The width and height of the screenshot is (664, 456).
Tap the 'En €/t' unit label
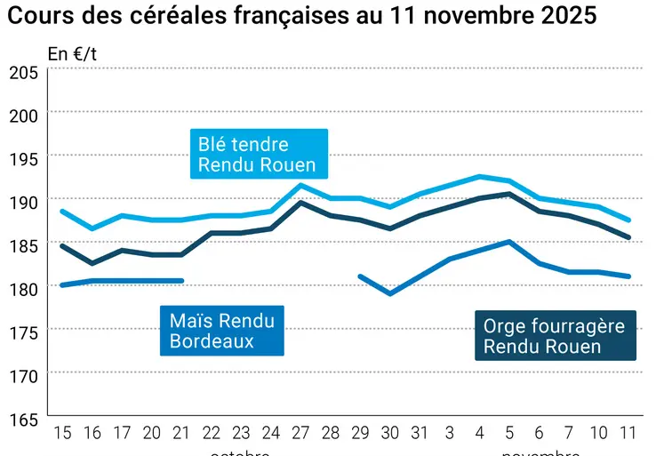(72, 53)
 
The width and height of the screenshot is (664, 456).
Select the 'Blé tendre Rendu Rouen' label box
(259, 154)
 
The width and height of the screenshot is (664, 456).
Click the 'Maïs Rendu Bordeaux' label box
(221, 331)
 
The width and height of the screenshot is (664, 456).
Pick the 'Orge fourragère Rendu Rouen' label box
(554, 336)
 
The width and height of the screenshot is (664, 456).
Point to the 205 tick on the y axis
(24, 73)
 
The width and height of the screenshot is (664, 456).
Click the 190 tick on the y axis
(24, 203)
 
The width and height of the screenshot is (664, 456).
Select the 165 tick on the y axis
(24, 419)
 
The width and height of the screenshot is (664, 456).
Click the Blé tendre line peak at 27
(301, 185)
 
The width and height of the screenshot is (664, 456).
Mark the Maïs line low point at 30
(390, 293)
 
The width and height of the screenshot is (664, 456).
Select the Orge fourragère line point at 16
(92, 263)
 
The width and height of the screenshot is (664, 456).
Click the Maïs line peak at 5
(509, 241)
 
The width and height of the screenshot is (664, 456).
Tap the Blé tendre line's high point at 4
(480, 176)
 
